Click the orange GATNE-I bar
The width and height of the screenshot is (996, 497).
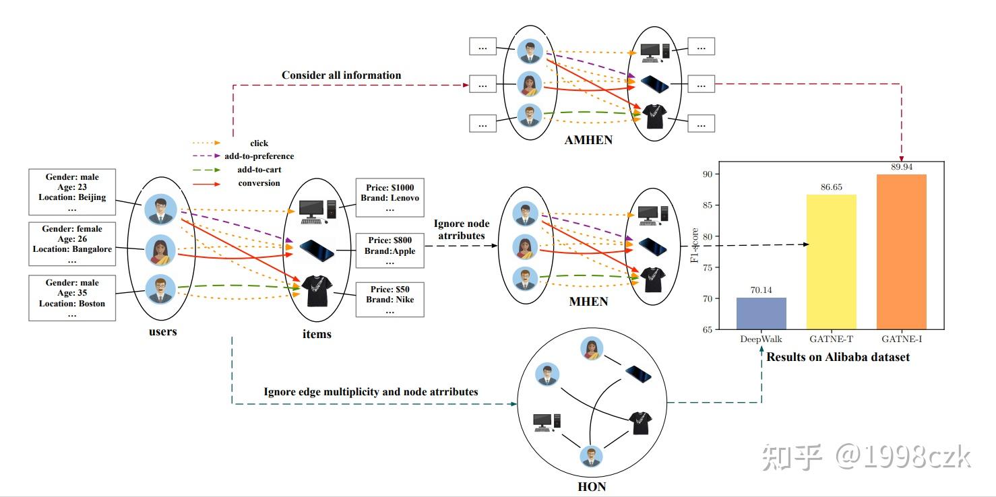point(901,252)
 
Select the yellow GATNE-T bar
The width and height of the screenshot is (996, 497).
point(832,262)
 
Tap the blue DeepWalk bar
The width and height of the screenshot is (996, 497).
point(761,313)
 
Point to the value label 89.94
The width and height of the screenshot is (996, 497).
point(901,167)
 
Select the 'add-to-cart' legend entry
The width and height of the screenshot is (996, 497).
point(259,170)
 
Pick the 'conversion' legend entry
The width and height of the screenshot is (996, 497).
point(259,183)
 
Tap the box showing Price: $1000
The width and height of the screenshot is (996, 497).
point(390,198)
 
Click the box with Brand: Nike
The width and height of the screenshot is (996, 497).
point(390,300)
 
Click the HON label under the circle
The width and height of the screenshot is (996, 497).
point(592,486)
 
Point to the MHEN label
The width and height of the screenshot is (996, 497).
point(588,302)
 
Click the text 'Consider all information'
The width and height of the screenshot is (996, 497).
point(341,75)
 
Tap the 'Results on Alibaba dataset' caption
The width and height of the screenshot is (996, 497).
point(838,357)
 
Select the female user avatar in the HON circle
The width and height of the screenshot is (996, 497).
point(591,349)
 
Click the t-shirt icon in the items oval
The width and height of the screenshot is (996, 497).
point(315,291)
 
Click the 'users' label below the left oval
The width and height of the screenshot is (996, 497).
point(162,331)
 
